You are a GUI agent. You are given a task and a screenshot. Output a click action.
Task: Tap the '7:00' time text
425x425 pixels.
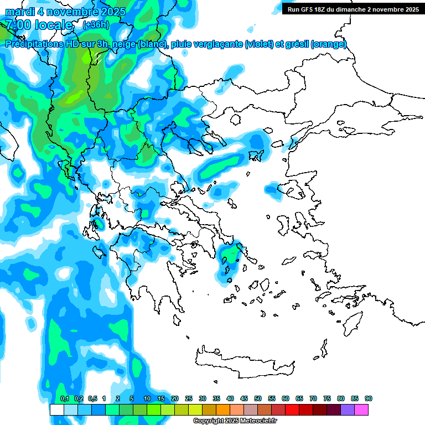click(x=18, y=25)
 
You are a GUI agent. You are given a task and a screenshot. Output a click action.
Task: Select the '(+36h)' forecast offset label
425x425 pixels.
click(x=96, y=25)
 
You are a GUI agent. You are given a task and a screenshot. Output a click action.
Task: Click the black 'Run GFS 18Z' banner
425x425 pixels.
click(x=351, y=9)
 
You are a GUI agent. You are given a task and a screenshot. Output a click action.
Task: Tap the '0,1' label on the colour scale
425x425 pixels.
click(x=64, y=399)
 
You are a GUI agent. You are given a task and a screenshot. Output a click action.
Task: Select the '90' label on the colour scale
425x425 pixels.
click(x=369, y=399)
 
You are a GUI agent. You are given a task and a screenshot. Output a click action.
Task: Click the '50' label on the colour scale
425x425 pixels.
click(x=258, y=399)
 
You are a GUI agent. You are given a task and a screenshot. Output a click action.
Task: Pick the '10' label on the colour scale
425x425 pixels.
click(x=147, y=399)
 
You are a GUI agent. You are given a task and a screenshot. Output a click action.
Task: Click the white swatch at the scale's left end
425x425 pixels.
click(x=56, y=410)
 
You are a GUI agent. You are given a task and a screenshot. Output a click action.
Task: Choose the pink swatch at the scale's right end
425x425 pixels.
click(x=361, y=410)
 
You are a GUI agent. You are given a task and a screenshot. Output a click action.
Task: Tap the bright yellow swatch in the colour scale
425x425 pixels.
click(x=195, y=410)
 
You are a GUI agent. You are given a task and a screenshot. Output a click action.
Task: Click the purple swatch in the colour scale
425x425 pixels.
click(x=348, y=410)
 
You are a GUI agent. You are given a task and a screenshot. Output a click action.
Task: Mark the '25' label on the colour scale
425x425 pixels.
click(x=189, y=399)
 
